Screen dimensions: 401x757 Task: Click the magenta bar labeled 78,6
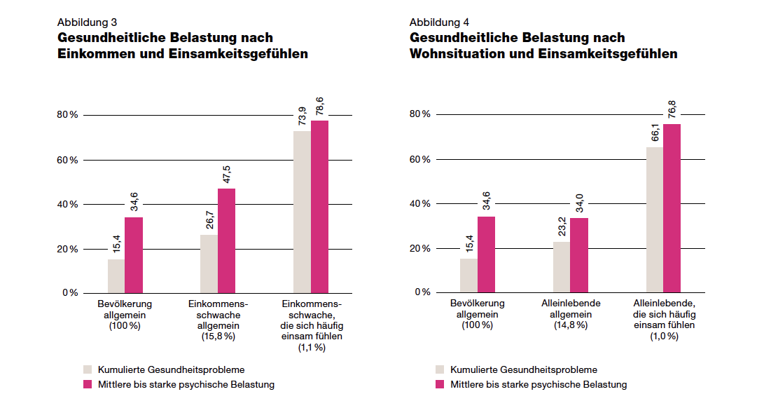pos(319,207)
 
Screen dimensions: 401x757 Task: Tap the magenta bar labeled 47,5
pos(226,240)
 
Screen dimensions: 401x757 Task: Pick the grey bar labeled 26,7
pos(209,264)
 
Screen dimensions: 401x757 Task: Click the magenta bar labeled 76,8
pos(672,208)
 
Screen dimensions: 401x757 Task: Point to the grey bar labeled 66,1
pos(654,220)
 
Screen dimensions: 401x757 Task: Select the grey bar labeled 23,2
pos(561,267)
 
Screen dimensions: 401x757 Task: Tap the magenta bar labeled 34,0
pos(578,255)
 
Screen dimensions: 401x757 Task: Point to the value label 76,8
pos(672,109)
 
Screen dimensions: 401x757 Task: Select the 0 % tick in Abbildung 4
pos(422,292)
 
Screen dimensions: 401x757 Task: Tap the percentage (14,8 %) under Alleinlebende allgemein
pos(569,325)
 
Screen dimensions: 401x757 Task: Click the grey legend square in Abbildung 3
pos(87,369)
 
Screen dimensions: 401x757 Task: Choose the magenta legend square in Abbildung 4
pos(439,384)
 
